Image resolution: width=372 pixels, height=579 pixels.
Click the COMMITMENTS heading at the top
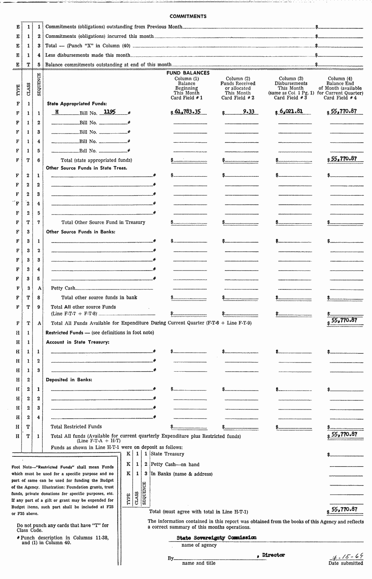[188, 16]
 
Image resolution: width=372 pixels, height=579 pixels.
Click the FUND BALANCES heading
[188, 73]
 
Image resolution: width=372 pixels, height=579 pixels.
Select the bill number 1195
[110, 112]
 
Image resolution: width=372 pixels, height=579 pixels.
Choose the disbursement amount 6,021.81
[291, 112]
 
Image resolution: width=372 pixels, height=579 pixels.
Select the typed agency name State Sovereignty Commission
[216, 537]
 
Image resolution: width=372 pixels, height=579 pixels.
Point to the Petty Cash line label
[63, 288]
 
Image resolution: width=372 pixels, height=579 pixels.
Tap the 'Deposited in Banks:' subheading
[69, 380]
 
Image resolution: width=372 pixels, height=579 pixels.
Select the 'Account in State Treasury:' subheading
[77, 342]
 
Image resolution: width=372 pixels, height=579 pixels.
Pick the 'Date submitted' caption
[346, 563]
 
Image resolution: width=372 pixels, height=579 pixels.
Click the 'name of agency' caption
[199, 545]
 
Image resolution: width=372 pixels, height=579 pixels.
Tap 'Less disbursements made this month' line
[88, 55]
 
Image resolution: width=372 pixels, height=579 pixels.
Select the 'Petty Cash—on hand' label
[175, 464]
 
